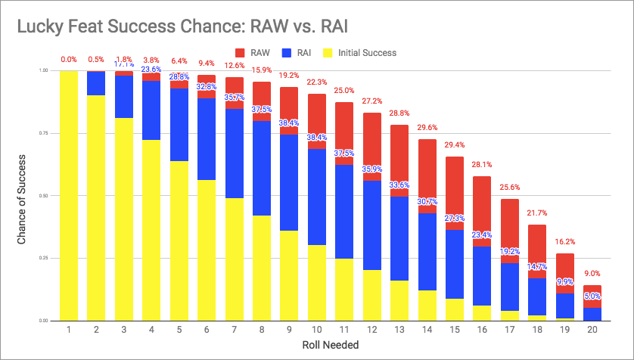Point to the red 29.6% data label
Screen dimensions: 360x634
coord(427,128)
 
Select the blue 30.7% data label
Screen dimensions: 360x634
coord(427,202)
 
